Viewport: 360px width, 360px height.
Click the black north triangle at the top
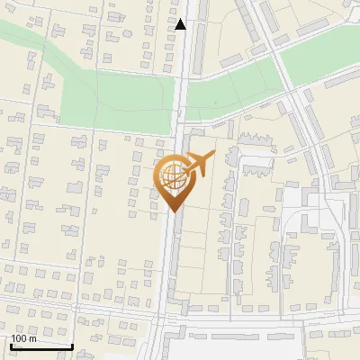pyautogui.click(x=181, y=24)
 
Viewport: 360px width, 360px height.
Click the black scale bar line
pyautogui.click(x=41, y=346)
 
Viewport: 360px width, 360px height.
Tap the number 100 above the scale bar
pyautogui.click(x=19, y=338)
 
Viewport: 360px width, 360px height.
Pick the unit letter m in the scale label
pyautogui.click(x=32, y=338)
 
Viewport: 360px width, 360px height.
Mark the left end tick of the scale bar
pyautogui.click(x=10, y=345)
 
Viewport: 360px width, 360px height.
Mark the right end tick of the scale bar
pyautogui.click(x=73, y=345)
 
